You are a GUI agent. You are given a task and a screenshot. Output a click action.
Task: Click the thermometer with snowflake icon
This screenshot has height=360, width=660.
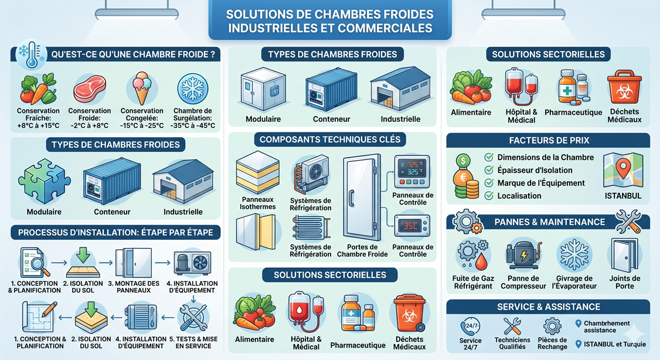[x=28, y=54]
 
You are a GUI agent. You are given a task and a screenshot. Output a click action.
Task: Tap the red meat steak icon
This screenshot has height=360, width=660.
[x=89, y=89]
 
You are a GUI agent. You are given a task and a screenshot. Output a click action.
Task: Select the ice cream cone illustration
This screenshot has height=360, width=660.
[x=141, y=88]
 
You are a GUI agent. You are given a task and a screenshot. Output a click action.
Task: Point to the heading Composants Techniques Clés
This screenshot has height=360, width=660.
[x=330, y=140]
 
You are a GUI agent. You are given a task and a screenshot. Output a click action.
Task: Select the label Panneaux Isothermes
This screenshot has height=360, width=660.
[x=257, y=203]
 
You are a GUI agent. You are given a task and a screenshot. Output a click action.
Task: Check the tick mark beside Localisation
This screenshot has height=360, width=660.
[x=488, y=196]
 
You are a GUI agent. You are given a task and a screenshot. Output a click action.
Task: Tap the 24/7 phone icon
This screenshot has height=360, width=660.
[x=470, y=326]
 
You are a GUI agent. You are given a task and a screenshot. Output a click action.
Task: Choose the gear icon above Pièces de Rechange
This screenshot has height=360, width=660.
[x=552, y=326]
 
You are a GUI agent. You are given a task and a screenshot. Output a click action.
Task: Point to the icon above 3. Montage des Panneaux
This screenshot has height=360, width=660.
[x=129, y=261]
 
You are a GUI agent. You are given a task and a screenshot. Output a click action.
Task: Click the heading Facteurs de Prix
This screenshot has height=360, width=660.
[x=549, y=140]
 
